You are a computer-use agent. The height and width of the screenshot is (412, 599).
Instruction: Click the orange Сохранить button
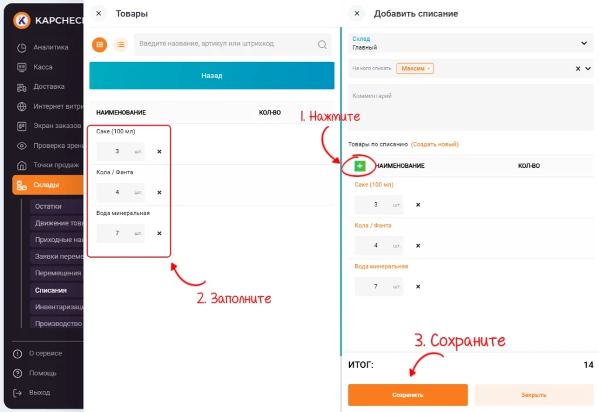pyautogui.click(x=408, y=394)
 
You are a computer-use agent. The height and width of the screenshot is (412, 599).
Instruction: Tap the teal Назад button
pyautogui.click(x=212, y=75)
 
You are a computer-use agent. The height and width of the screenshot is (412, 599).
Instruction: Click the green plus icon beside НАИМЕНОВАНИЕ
pyautogui.click(x=360, y=165)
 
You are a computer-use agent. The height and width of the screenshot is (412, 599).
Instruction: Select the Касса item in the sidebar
pyautogui.click(x=43, y=67)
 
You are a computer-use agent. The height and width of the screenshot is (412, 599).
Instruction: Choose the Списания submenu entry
pyautogui.click(x=51, y=290)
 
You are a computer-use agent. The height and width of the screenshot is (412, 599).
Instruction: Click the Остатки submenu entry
pyautogui.click(x=48, y=206)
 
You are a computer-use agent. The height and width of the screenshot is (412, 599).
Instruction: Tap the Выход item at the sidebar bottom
pyautogui.click(x=39, y=392)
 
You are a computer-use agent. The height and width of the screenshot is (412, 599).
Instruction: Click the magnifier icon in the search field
pyautogui.click(x=322, y=44)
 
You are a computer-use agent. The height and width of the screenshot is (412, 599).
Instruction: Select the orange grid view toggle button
pyautogui.click(x=99, y=44)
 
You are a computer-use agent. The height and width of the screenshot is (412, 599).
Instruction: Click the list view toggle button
pyautogui.click(x=121, y=44)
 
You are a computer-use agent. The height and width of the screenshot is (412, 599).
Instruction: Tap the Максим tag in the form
pyautogui.click(x=415, y=68)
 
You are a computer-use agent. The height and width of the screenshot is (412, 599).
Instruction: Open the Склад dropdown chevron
pyautogui.click(x=584, y=43)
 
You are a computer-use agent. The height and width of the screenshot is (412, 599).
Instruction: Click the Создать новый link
pyautogui.click(x=435, y=144)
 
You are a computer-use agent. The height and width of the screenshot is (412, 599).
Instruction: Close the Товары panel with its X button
pyautogui.click(x=98, y=13)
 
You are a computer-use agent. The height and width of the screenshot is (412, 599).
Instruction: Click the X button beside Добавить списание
pyautogui.click(x=357, y=13)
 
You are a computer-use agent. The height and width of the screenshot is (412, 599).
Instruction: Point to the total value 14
pyautogui.click(x=588, y=365)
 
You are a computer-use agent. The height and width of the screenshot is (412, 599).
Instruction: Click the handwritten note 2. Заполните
pyautogui.click(x=234, y=298)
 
